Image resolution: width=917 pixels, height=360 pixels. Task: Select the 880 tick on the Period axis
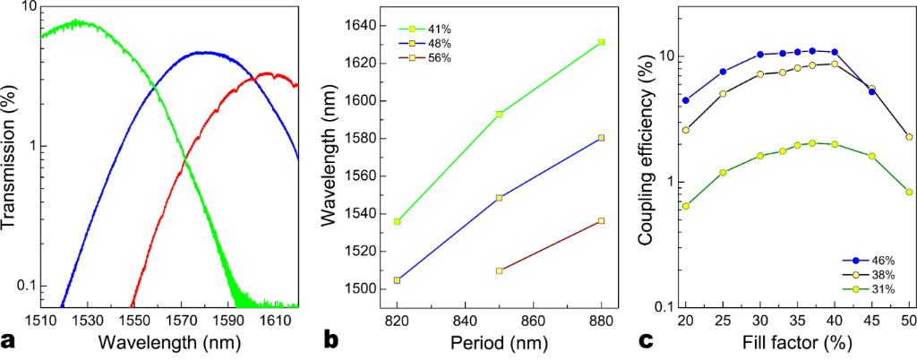tap(603, 319)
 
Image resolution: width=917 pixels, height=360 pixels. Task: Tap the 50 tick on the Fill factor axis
tap(909, 319)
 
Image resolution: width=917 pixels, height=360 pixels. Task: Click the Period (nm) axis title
tap(499, 341)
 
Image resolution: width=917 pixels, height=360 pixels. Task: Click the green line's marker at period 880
tap(603, 42)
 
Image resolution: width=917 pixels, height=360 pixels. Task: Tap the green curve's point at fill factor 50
tap(909, 192)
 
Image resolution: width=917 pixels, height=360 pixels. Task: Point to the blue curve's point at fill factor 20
tap(686, 100)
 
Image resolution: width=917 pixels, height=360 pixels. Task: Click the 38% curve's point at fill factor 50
tap(909, 137)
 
